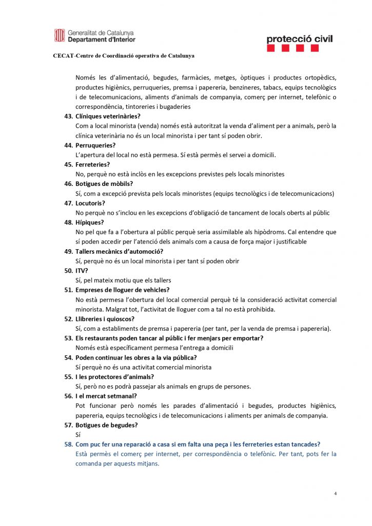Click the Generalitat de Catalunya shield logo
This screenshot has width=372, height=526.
pos(60,35)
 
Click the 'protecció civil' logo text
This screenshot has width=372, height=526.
pos(300,39)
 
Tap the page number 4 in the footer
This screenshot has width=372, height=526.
pos(335,494)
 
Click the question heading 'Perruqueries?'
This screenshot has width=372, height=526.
pos(95,145)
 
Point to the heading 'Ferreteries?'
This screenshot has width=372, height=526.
pos(92,164)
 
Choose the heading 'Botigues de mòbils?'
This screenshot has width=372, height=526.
pos(104,184)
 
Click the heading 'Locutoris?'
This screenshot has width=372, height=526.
pos(90,203)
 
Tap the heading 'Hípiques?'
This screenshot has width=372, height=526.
pos(89,222)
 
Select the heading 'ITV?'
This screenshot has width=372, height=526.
pos(82,271)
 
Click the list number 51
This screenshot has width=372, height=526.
pos(68,290)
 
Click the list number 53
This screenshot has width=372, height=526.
pos(68,338)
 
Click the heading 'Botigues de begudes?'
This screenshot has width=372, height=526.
pos(106,425)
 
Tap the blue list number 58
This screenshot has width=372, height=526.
pos(68,444)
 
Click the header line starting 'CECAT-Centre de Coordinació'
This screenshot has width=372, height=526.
pos(124,55)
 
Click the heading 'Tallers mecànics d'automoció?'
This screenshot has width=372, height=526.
pos(119,251)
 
